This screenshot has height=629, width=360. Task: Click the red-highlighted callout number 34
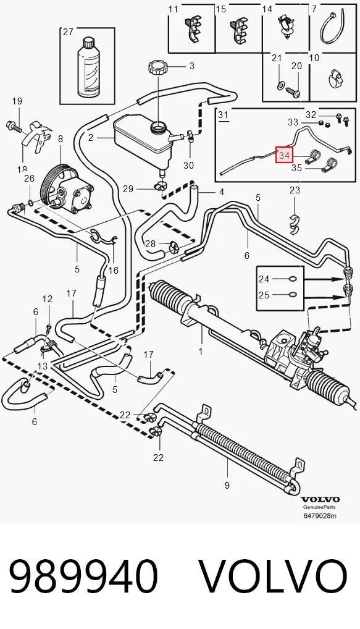tap(284, 155)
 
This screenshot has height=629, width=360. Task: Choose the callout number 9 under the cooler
tap(227, 486)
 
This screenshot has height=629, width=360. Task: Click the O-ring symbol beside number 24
tap(293, 279)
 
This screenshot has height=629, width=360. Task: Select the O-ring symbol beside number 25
tap(293, 295)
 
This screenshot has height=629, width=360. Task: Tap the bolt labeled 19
tap(13, 127)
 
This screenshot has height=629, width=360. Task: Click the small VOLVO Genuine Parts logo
tap(320, 502)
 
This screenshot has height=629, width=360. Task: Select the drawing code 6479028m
tap(320, 516)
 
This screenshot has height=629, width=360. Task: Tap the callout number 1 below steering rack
tap(201, 352)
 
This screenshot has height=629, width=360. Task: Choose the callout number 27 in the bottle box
tap(68, 32)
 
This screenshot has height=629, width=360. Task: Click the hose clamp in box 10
tap(336, 78)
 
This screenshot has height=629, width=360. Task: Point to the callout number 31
tap(223, 115)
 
